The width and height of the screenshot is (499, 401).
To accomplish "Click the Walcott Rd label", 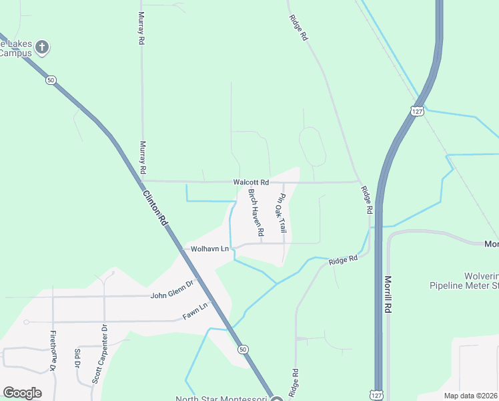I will coord(251,182).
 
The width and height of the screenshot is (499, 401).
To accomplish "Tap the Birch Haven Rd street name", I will coord(256,213).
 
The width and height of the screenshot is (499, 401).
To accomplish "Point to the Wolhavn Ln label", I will coord(209,249).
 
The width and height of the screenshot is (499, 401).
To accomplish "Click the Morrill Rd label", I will coord(388,295).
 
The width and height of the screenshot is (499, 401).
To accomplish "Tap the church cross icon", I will coord(42,47).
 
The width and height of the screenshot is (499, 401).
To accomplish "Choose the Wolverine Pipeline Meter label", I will coord(464,281).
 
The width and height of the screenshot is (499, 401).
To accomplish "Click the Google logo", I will coord(22,393).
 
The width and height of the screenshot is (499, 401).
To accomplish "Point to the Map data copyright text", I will coord(471,396).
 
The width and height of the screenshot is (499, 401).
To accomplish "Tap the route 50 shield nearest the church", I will coord(51,80).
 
